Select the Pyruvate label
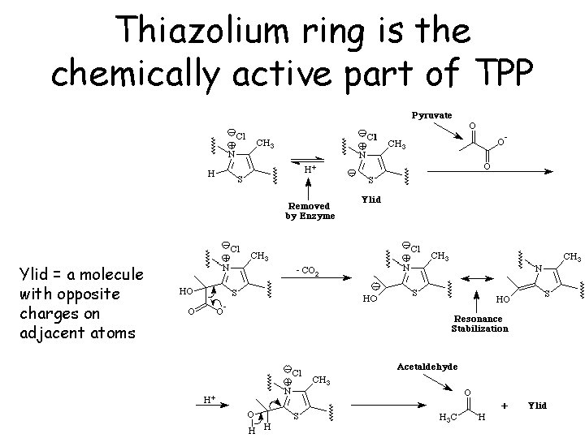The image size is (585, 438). click(x=430, y=115)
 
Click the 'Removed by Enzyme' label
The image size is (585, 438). click(x=310, y=211)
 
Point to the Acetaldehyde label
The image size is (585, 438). click(x=427, y=367)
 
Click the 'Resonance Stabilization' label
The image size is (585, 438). click(x=479, y=324)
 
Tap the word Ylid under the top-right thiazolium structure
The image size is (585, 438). click(x=370, y=199)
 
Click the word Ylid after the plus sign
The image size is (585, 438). click(x=537, y=405)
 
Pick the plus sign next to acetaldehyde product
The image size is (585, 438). click(x=505, y=404)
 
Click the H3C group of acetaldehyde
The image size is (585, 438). click(x=447, y=417)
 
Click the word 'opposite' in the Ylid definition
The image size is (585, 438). click(x=115, y=294)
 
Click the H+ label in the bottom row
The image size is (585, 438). click(x=209, y=399)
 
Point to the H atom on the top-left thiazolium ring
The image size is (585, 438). click(x=210, y=172)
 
